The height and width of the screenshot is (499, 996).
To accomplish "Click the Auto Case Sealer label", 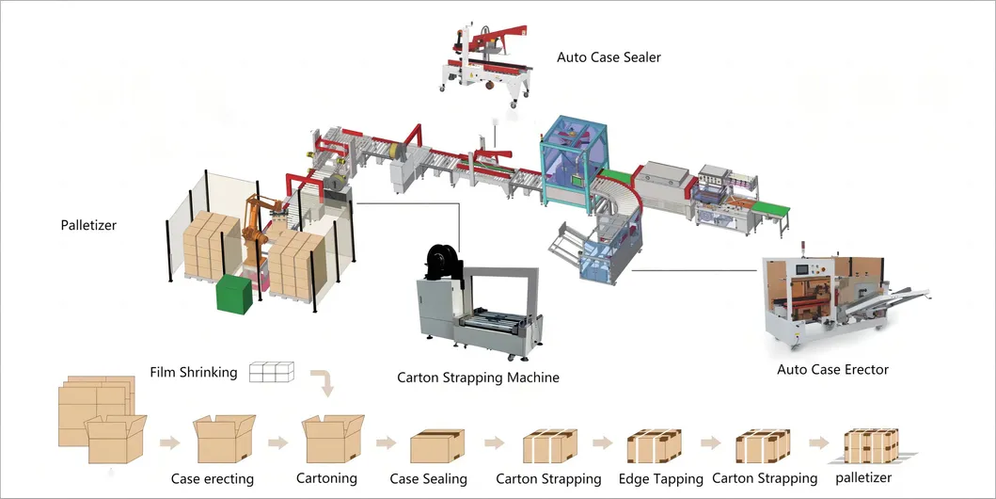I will point(609,57).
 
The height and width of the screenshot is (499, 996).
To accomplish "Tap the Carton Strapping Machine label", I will point(478,378).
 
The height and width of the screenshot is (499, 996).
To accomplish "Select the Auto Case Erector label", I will point(832,369).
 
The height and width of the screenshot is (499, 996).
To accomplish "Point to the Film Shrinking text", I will point(194,372).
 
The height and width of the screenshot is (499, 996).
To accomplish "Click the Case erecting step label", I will point(213,478).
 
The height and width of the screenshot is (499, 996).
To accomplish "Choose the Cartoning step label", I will point(326,477).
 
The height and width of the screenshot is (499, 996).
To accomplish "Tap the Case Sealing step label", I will point(429,478).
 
